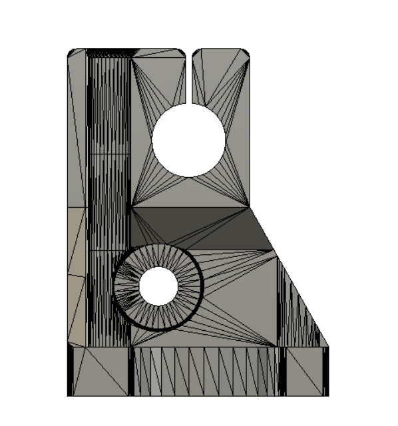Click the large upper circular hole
188,140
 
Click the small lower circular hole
158,286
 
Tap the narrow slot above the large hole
189,77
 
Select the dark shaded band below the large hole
200,226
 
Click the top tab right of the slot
220,67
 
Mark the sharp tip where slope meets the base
328,346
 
